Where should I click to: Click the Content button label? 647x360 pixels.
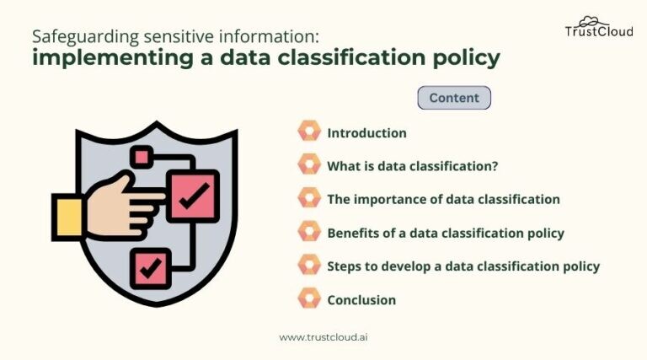(x=454, y=98)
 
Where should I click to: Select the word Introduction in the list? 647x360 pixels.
(x=366, y=133)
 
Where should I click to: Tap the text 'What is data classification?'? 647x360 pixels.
(x=412, y=166)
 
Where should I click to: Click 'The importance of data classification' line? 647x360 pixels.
(x=443, y=200)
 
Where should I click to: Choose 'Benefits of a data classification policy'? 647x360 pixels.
(x=445, y=233)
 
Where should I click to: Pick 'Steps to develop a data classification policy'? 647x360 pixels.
(x=463, y=266)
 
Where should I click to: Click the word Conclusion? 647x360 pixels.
(x=361, y=299)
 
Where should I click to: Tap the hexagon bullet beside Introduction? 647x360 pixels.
(x=309, y=132)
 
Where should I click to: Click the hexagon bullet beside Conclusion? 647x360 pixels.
(x=309, y=298)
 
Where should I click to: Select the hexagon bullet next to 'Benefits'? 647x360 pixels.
(x=309, y=232)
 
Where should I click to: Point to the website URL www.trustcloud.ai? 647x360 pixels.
(x=323, y=336)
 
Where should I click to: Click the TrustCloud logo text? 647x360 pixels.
(x=598, y=32)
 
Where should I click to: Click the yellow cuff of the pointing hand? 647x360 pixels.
(x=67, y=215)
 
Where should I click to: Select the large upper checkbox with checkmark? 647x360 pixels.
(x=193, y=196)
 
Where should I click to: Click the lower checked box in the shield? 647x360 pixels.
(x=151, y=268)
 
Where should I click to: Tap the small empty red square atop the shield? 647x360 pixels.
(x=140, y=157)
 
